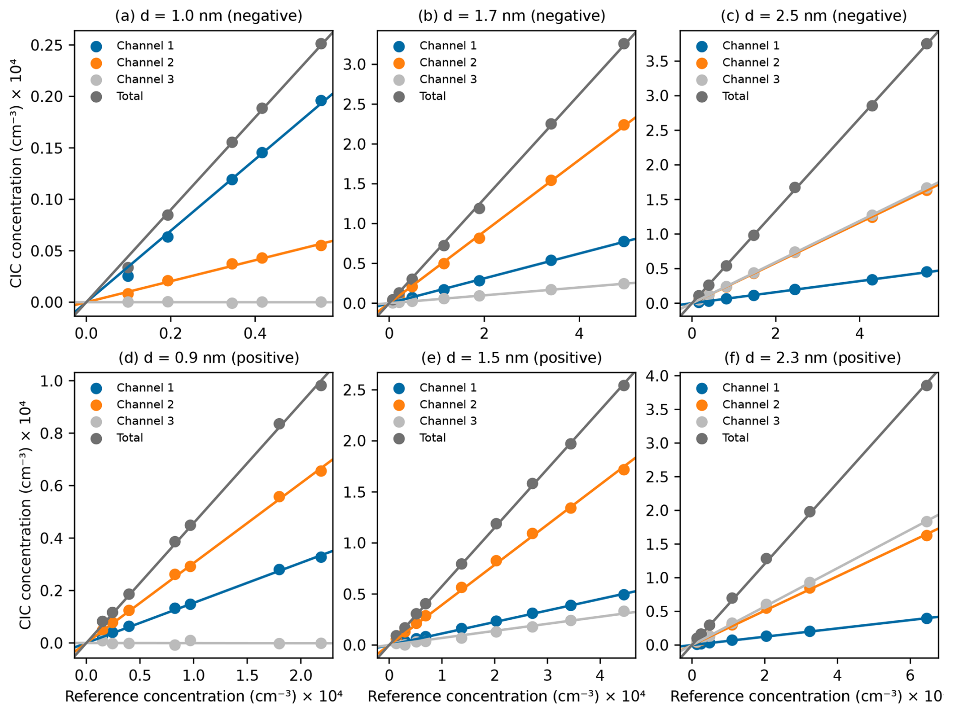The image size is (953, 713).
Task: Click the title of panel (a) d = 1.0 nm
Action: (209, 16)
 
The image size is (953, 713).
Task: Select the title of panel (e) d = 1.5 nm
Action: (511, 358)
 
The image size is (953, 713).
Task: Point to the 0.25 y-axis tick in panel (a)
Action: (46, 45)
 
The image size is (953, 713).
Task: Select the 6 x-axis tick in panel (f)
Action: (910, 675)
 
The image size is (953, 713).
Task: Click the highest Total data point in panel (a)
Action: (321, 44)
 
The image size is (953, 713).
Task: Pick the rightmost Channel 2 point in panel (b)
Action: (624, 125)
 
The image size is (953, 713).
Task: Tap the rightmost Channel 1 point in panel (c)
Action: (926, 272)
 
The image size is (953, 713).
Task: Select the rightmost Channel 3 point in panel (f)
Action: (926, 522)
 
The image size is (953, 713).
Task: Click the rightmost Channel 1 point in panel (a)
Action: (321, 101)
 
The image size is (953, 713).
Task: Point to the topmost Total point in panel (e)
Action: (624, 385)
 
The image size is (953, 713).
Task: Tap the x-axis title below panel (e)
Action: (506, 696)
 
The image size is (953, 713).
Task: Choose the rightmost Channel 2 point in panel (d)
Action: (321, 471)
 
